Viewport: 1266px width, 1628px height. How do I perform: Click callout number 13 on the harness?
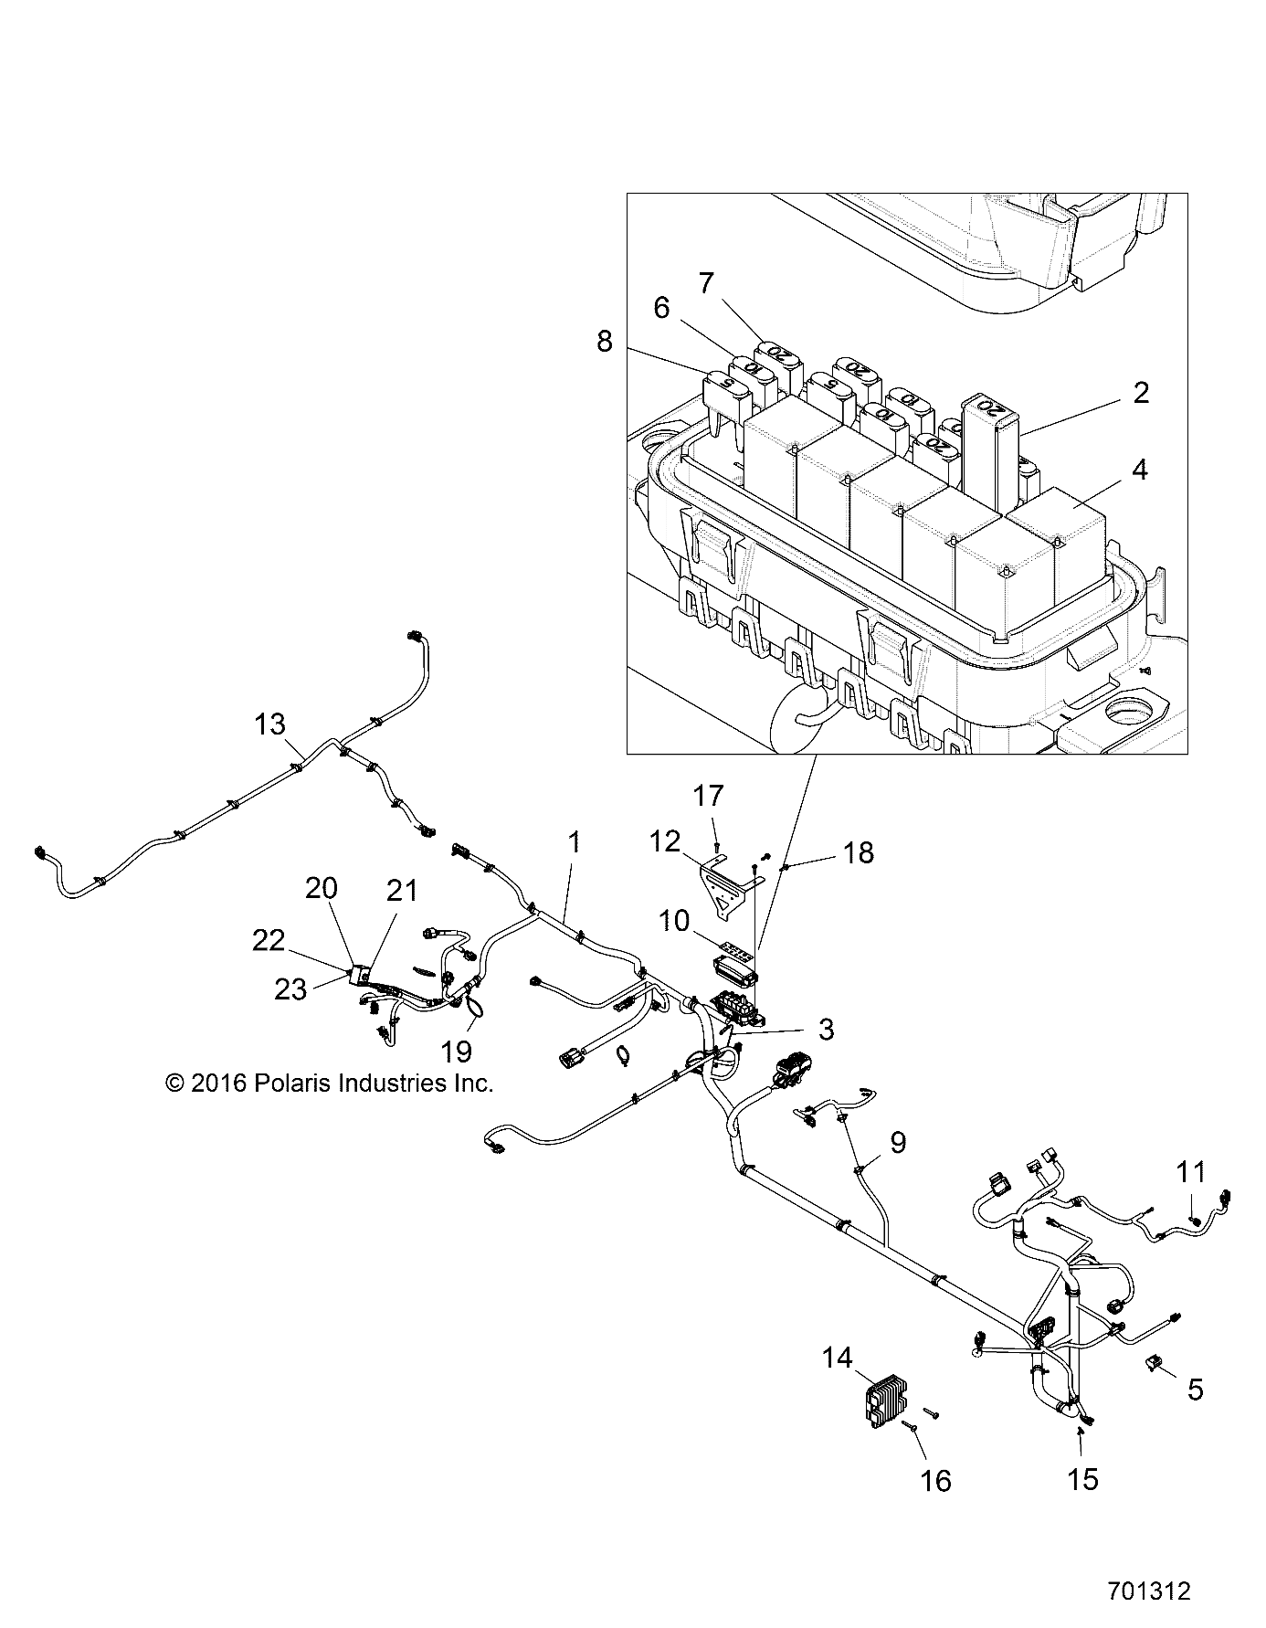click(x=270, y=724)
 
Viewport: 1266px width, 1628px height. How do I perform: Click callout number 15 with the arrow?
click(x=1082, y=1479)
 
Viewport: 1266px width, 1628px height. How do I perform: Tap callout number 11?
click(x=1190, y=1172)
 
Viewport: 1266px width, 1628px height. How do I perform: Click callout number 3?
click(x=826, y=1030)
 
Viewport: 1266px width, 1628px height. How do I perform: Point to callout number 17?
click(x=707, y=796)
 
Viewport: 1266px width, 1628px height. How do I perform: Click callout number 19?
click(x=456, y=1052)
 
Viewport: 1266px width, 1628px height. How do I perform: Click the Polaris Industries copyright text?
click(x=329, y=1084)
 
